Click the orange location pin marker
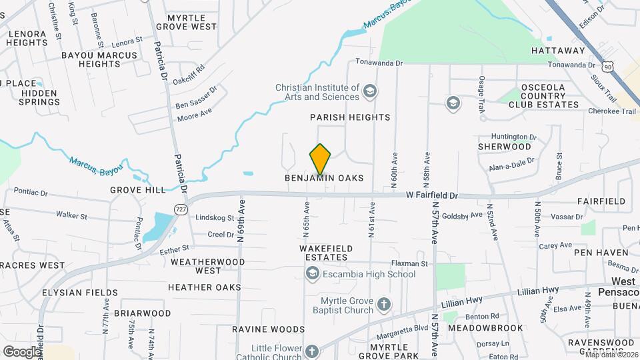tap(321, 159)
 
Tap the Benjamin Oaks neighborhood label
tap(324, 178)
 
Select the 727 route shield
tap(181, 209)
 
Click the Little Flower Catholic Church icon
tap(312, 351)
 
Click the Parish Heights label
tap(350, 117)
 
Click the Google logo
tap(21, 351)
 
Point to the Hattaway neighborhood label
tap(557, 50)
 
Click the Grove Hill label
tap(138, 190)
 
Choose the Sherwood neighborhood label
tap(505, 147)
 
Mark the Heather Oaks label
tap(204, 287)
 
